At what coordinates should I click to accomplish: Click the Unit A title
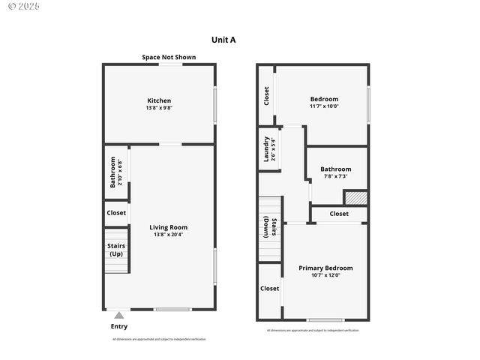tap(223, 40)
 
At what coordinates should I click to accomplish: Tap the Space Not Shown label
tap(169, 57)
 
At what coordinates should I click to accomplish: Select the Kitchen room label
tap(159, 100)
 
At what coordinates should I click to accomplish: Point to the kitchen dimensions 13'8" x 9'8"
tap(159, 108)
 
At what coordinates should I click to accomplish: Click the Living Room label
tap(168, 227)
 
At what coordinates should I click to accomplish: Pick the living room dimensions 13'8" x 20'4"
tap(168, 235)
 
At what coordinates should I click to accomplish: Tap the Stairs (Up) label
tap(116, 250)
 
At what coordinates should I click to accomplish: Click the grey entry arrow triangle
tap(118, 316)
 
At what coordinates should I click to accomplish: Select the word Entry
tap(119, 326)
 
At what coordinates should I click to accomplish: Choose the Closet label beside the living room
tap(116, 213)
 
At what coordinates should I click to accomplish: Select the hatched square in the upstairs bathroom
tap(355, 197)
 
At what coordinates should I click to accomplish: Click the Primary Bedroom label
tap(325, 268)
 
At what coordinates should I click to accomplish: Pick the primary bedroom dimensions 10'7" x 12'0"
tap(325, 275)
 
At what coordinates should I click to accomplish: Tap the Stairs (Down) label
tap(270, 228)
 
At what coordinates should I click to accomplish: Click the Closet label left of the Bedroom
tap(266, 95)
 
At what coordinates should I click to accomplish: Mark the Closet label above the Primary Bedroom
tap(339, 214)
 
